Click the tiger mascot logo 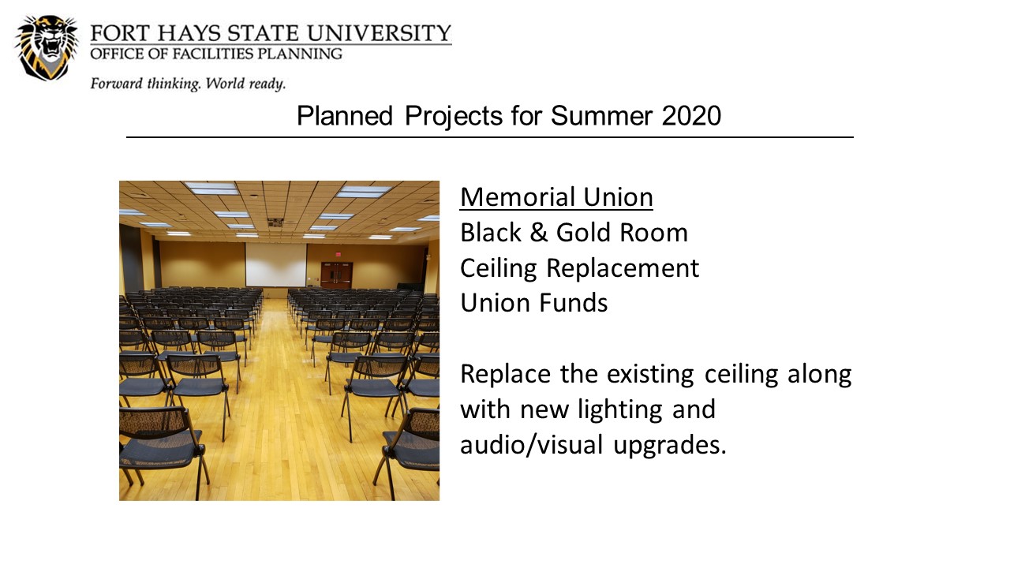47,48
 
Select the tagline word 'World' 226,84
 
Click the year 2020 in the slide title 692,116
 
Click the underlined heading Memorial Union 556,197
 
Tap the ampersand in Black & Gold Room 539,233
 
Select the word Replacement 623,269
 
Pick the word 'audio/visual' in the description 532,445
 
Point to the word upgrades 670,446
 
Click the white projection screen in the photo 275,264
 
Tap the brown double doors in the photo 336,275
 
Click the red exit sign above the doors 337,255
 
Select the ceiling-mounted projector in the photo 275,222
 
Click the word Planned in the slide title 345,116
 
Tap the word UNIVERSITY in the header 379,33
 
